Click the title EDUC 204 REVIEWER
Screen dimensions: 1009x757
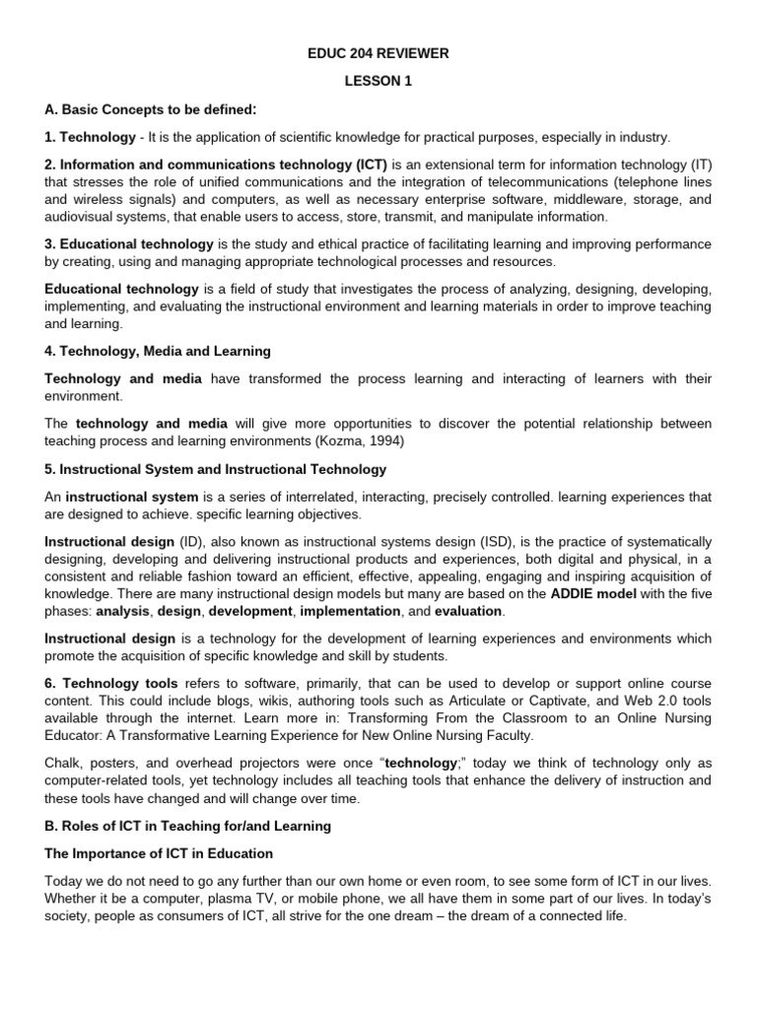click(378, 53)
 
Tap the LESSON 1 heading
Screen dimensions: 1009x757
click(378, 82)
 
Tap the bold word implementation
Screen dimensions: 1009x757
click(348, 612)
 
